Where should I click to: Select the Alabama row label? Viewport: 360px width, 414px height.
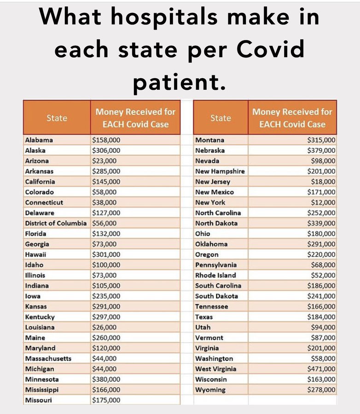[39, 140]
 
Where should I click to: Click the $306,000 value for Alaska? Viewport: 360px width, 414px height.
[106, 150]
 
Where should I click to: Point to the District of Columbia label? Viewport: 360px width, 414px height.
[56, 223]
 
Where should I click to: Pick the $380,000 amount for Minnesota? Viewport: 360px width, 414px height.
[106, 379]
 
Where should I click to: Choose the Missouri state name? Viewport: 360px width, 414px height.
[39, 400]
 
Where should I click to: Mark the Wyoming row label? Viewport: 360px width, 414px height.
[210, 390]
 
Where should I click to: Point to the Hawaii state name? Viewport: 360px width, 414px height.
[36, 254]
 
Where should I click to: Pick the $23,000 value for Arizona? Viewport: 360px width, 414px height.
[105, 161]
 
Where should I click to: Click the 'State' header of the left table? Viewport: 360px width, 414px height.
[57, 118]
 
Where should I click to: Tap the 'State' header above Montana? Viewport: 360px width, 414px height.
[221, 118]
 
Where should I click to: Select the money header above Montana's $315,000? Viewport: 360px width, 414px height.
[292, 118]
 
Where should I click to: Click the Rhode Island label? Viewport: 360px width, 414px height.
[215, 275]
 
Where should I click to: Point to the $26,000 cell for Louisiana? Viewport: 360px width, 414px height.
[105, 327]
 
